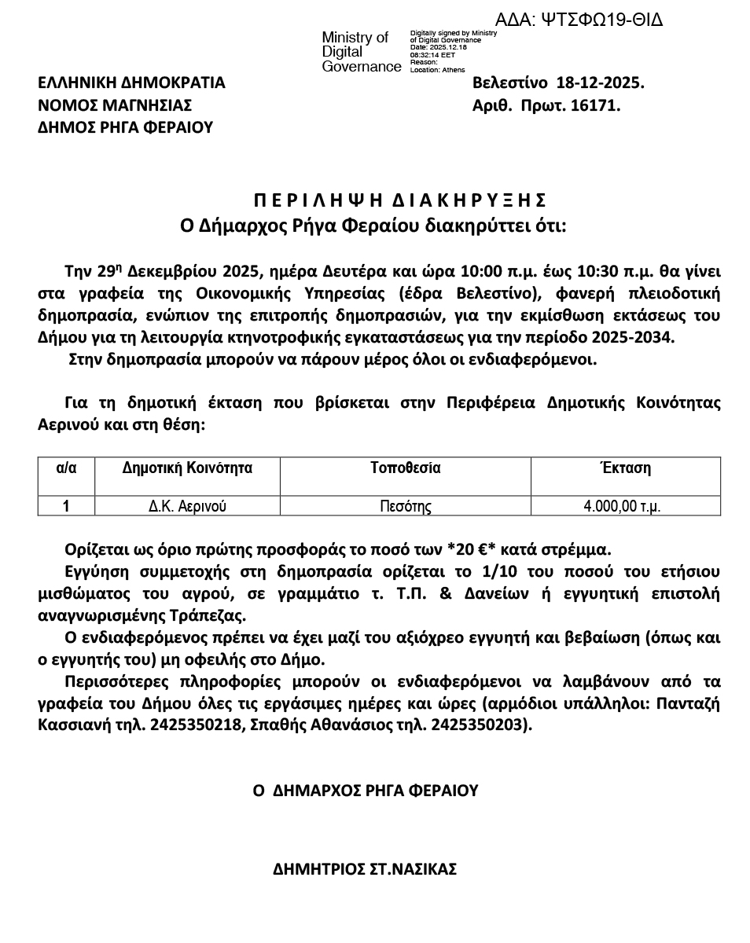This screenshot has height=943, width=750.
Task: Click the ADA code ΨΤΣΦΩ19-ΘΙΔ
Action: click(x=579, y=20)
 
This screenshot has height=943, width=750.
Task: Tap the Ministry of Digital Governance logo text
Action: click(x=361, y=52)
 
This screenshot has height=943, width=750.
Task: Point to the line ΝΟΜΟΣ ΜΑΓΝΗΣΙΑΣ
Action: click(x=115, y=105)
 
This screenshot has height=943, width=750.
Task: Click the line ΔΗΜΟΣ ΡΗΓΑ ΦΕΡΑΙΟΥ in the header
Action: click(x=126, y=127)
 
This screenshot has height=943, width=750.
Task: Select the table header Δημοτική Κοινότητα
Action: click(x=187, y=468)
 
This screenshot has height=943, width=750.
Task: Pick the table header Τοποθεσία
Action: click(x=405, y=468)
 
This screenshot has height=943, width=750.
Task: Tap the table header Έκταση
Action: click(x=625, y=468)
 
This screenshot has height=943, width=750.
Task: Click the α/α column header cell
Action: click(x=66, y=468)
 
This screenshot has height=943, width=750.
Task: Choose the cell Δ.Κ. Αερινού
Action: click(x=187, y=506)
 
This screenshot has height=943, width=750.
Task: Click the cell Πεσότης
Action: click(x=405, y=506)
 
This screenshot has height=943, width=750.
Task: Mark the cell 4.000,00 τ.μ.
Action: click(x=621, y=506)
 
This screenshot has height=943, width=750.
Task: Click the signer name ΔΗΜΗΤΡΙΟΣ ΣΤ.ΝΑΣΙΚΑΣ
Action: click(x=365, y=870)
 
